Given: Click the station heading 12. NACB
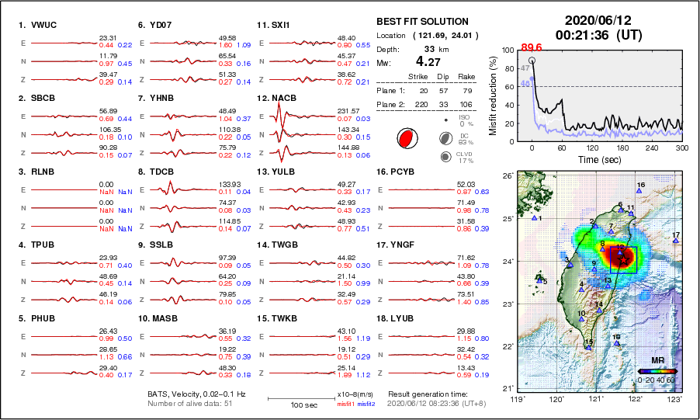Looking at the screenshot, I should tap(277, 99).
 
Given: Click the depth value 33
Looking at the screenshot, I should tap(428, 48).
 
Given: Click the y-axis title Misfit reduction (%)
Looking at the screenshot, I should tap(494, 95).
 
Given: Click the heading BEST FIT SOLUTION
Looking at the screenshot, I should tap(422, 22).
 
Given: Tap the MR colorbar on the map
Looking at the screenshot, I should tap(657, 371).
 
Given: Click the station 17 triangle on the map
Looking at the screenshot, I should tap(676, 241).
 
